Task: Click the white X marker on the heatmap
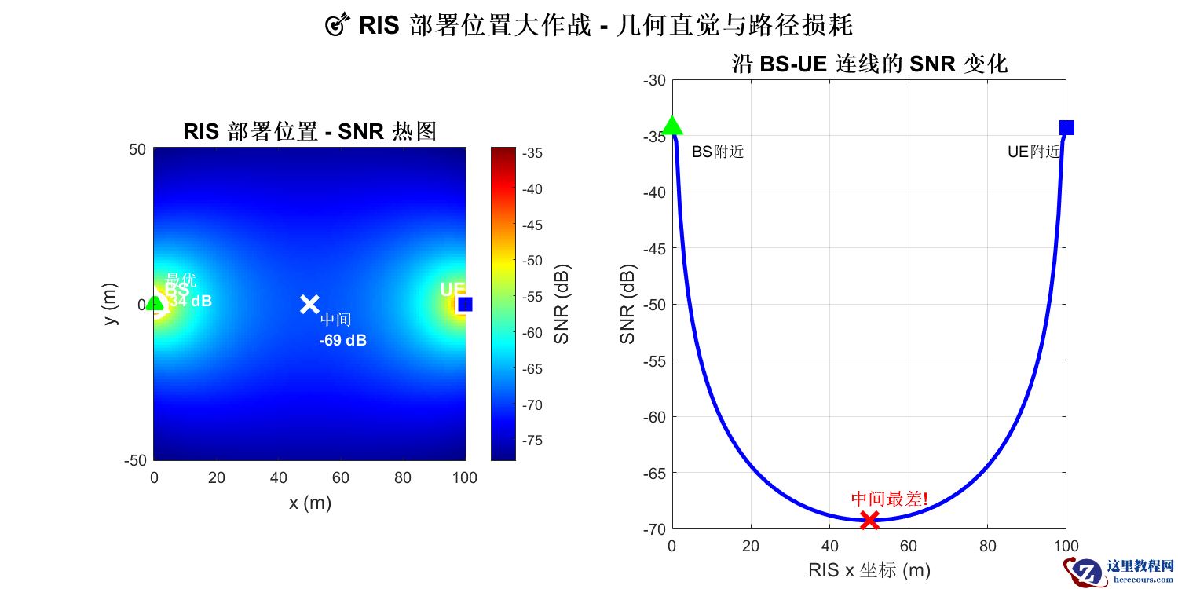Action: (309, 304)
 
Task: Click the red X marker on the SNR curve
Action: (869, 519)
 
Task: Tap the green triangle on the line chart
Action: (672, 126)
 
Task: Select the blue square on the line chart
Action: (1066, 127)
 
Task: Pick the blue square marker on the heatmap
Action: (465, 304)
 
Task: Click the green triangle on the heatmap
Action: (155, 302)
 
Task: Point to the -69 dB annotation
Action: (342, 341)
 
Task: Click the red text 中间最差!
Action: (890, 499)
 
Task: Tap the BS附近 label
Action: (717, 152)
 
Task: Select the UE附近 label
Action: (1033, 152)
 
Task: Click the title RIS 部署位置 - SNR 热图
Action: (309, 132)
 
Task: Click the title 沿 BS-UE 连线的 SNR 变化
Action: (869, 64)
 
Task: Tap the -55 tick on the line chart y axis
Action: (654, 360)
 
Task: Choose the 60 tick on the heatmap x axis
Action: (340, 477)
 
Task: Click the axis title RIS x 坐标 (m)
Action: (869, 570)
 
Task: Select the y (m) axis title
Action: (112, 304)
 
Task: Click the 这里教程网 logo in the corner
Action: (1123, 570)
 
